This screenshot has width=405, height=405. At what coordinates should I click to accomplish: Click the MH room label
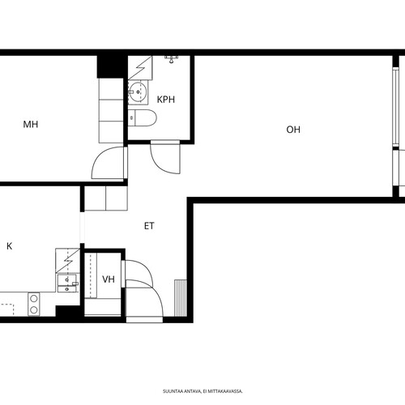pos(31,125)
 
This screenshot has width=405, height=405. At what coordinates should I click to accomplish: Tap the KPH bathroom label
pos(166,100)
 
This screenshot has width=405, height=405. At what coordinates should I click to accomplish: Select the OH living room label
pos(293,130)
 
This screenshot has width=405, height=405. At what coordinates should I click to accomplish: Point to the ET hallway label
pos(149,226)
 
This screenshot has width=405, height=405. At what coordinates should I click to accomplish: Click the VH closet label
pos(109,279)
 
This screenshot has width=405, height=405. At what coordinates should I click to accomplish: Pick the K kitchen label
pos(10,246)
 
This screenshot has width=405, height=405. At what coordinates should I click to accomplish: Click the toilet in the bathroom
pos(143,118)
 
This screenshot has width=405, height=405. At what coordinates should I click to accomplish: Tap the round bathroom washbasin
pos(137,92)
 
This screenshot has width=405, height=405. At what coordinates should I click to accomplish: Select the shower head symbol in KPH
pos(171,59)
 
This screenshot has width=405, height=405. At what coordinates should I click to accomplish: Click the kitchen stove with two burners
pos(34,305)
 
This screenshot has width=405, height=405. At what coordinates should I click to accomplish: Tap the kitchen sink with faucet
pos(67,283)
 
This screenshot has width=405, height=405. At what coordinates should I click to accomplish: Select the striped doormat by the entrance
pos(181,298)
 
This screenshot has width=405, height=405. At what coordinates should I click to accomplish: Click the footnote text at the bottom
pos(202,391)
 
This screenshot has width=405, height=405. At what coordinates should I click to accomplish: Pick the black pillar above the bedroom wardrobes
pos(112,67)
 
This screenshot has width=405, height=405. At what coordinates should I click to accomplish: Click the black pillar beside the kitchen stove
pos(68,311)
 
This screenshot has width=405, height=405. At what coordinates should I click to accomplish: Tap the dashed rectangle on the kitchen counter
pos(7,309)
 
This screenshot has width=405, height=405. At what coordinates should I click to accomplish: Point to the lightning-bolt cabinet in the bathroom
pos(140,68)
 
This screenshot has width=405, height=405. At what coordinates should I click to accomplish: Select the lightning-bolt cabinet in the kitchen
pos(68,261)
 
